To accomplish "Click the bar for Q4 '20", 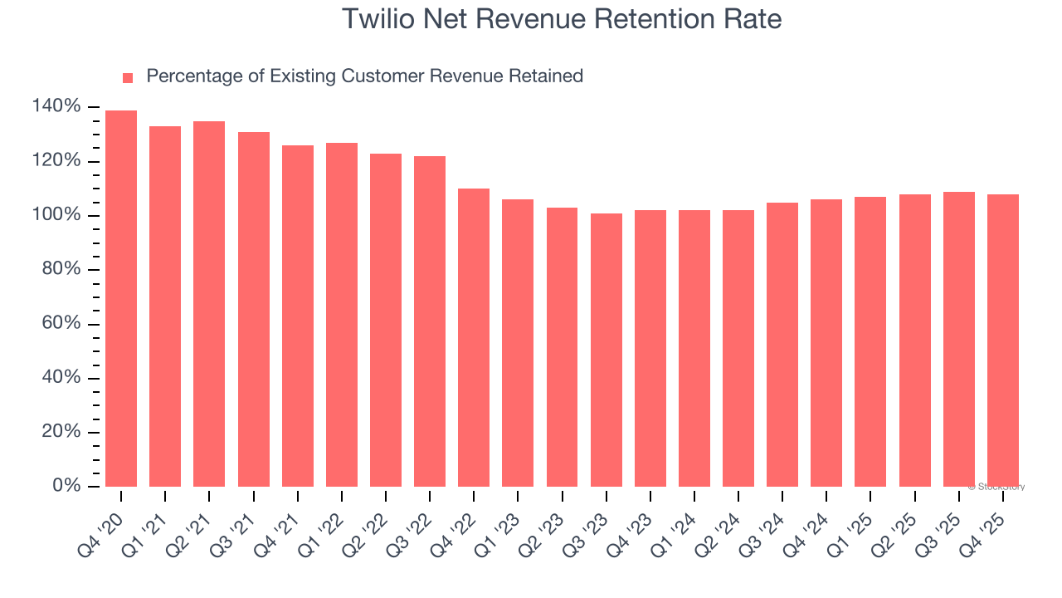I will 121,298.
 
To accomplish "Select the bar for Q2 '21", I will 209,304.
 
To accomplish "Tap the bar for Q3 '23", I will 606,350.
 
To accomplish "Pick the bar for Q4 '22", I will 474,337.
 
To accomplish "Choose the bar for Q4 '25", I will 1002,341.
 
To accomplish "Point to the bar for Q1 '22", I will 341,315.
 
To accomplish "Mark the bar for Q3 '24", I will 782,345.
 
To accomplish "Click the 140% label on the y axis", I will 56,106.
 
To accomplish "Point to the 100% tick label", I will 56,215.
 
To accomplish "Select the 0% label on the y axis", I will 66,486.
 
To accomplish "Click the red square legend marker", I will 128,77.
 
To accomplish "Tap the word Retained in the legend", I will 547,76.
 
